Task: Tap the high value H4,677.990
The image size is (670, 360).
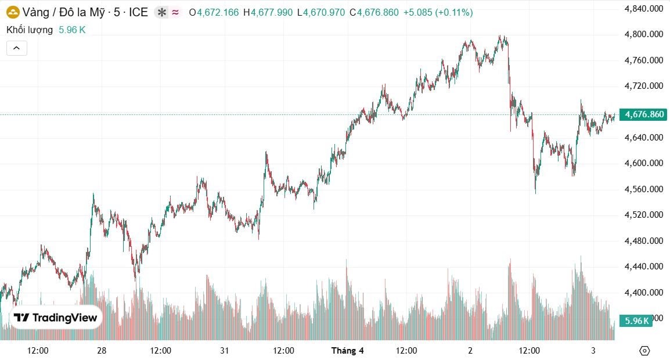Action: [x=268, y=12]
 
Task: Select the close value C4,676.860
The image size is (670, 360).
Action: [x=374, y=12]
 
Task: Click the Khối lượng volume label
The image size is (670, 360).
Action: [x=30, y=30]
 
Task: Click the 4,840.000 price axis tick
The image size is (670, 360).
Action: [x=643, y=9]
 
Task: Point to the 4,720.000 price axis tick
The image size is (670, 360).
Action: [x=643, y=86]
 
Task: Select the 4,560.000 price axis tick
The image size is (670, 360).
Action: [x=643, y=189]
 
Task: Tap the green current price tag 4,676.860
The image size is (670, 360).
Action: [x=643, y=114]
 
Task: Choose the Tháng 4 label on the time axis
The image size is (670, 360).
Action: [x=347, y=351]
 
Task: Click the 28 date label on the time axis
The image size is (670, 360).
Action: [x=102, y=351]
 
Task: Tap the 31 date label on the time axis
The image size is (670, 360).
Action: [x=225, y=351]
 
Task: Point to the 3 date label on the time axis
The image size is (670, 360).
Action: [x=593, y=351]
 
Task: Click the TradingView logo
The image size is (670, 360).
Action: [x=56, y=318]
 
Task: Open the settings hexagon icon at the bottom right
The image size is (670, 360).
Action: [x=644, y=351]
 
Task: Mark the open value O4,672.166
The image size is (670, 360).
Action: [x=214, y=12]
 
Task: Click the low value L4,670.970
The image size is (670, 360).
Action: [x=320, y=12]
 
